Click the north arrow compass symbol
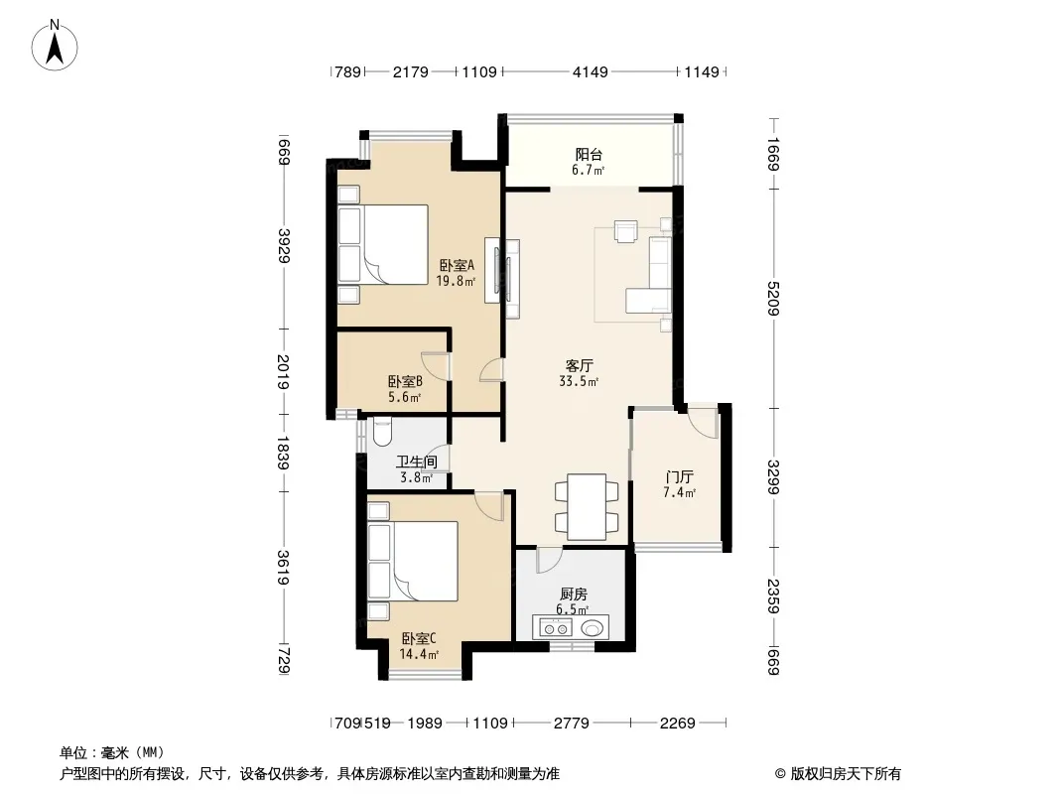coord(55,45)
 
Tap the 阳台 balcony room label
coord(589,155)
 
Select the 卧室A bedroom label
coord(457,265)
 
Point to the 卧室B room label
coord(405,382)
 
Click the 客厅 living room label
coord(579,365)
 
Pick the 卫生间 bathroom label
coord(416,463)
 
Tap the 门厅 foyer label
coord(680,477)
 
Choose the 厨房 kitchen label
coord(573,595)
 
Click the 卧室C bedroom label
coord(419,638)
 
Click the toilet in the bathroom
coord(381,432)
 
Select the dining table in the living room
coord(587,506)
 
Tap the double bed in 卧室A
coord(383,243)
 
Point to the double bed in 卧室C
coord(413,561)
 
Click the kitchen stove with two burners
coord(554,628)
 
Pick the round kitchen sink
coord(593,628)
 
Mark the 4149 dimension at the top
coord(591,71)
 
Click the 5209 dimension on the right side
coord(773,298)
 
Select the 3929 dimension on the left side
coord(284,246)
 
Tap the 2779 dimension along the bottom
coord(572,724)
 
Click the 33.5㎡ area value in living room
coord(579,382)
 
